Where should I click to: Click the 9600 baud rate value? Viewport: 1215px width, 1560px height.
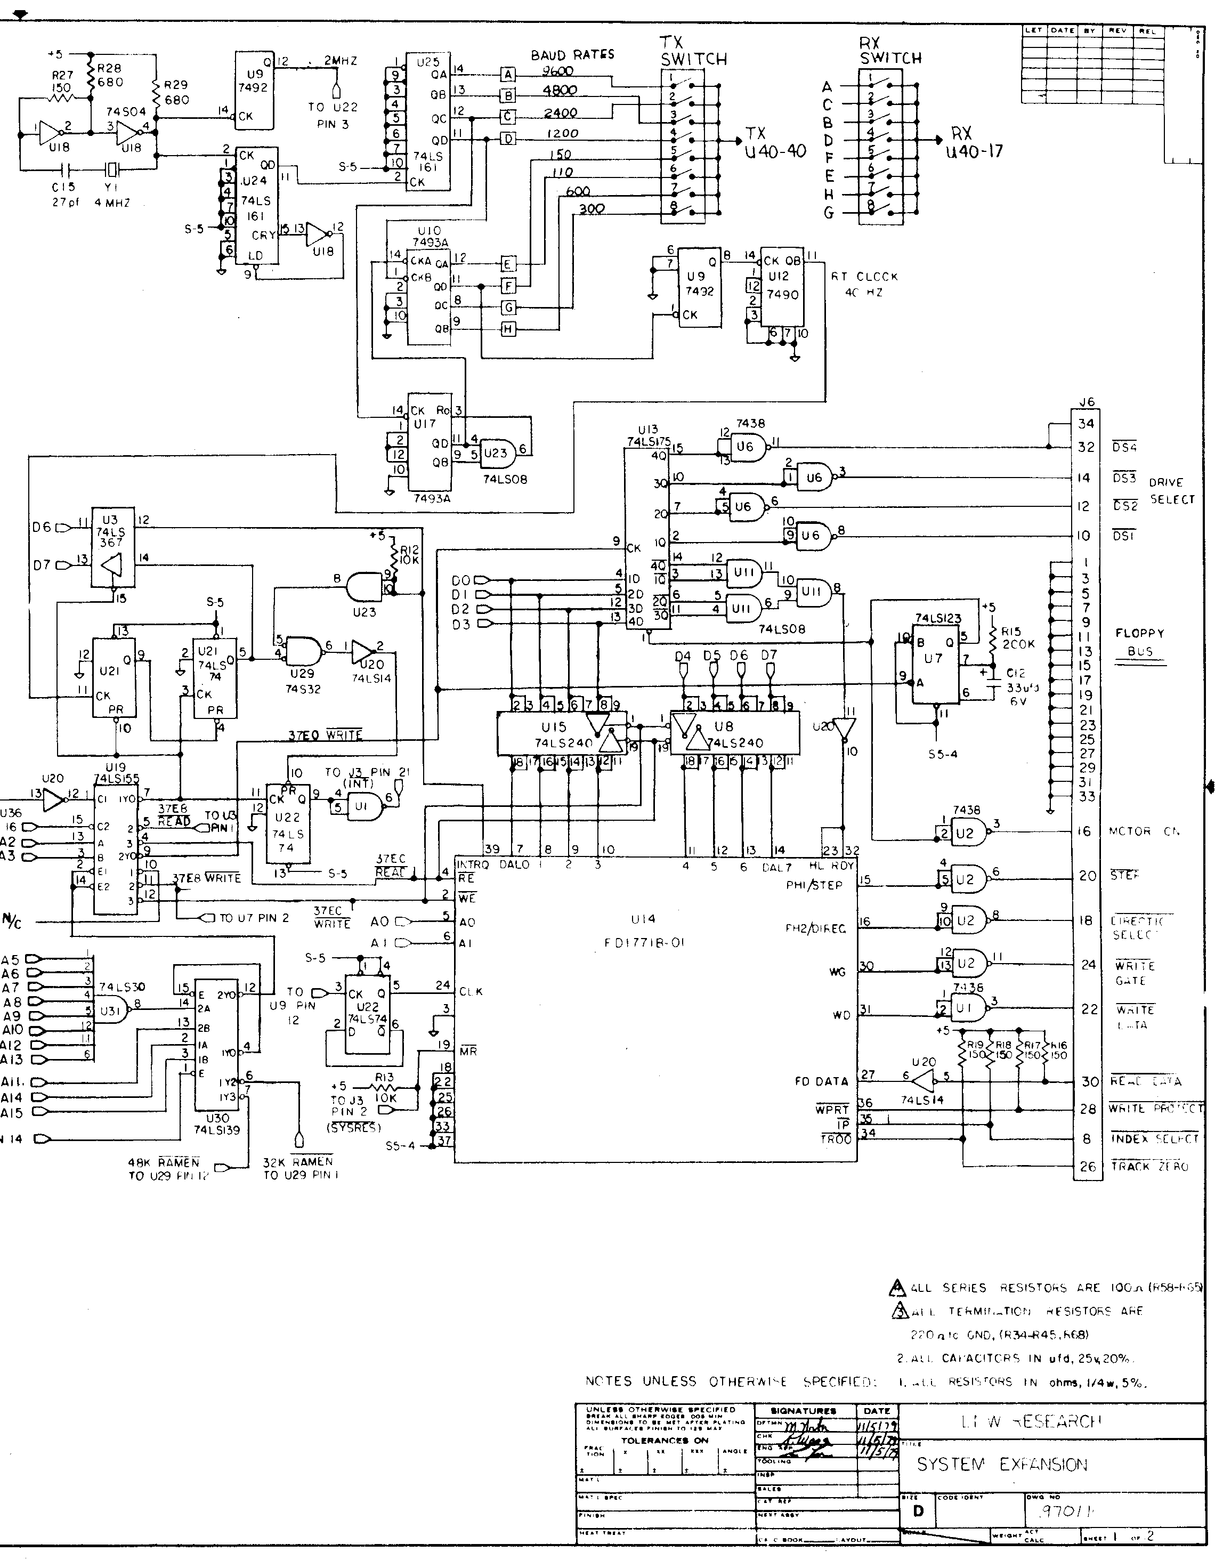click(558, 71)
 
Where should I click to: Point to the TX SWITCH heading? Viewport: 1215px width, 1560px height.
click(693, 51)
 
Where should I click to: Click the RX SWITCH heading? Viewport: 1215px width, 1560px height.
click(890, 51)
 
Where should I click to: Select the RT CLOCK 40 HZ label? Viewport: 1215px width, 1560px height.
click(864, 284)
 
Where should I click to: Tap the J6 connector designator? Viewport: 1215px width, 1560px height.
click(1087, 402)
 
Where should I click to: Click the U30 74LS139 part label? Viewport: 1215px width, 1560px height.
click(216, 1123)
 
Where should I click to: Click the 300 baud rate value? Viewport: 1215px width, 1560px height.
click(592, 208)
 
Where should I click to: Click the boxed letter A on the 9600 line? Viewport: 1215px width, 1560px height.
click(508, 74)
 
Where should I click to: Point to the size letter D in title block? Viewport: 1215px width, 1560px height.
click(918, 1511)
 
